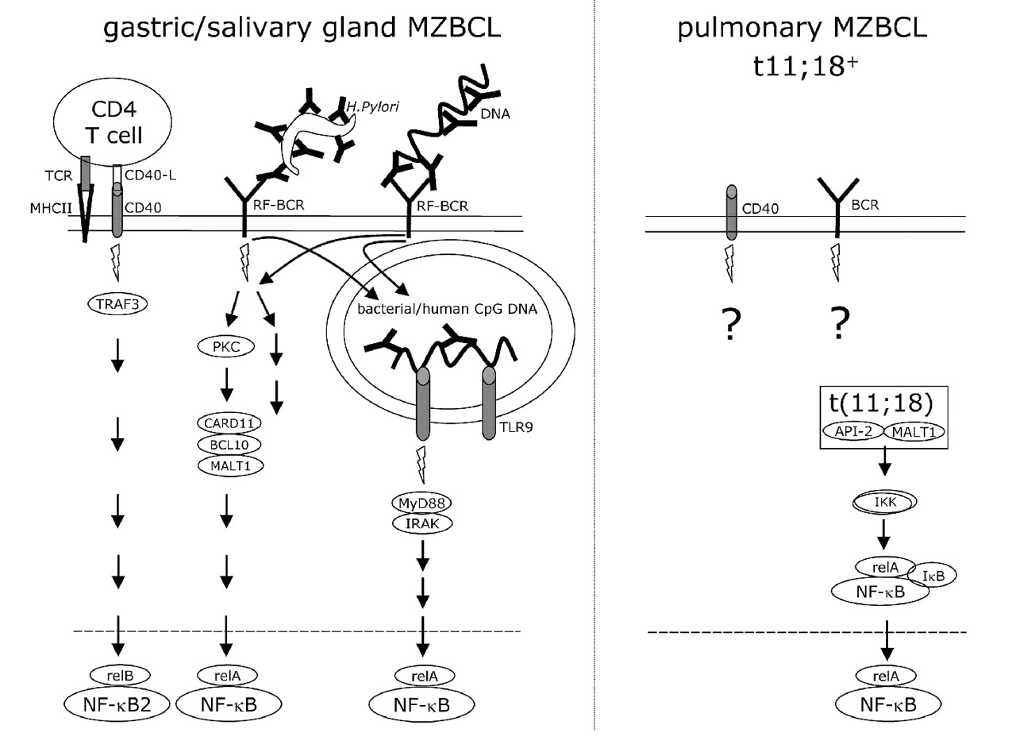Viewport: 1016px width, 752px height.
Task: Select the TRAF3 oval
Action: tap(118, 302)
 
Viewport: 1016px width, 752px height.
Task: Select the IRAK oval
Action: tap(421, 523)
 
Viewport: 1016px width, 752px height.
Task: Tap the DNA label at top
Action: tap(495, 114)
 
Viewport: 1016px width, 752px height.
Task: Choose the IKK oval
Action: tap(884, 502)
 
